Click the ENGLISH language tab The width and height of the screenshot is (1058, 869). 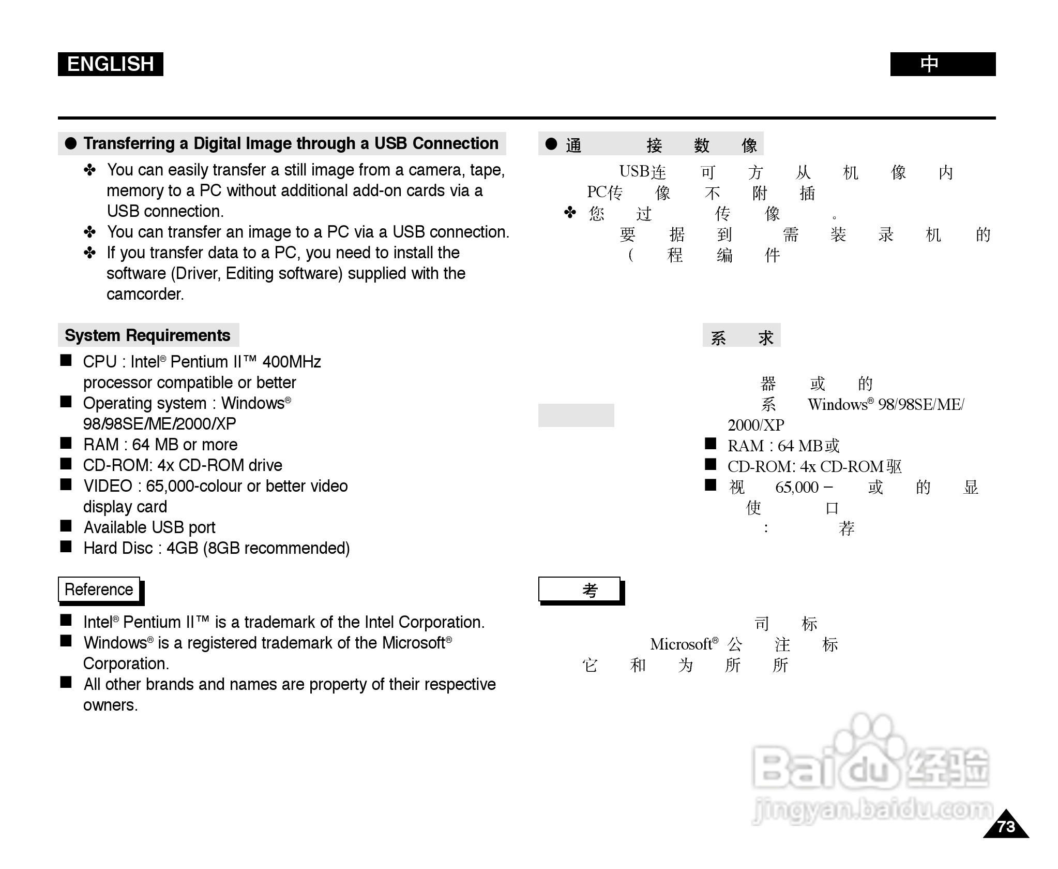[110, 64]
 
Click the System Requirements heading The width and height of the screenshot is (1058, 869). [147, 335]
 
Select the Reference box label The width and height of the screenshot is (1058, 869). [99, 590]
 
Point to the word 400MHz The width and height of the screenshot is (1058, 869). [292, 362]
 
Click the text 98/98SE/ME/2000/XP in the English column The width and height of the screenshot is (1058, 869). [159, 424]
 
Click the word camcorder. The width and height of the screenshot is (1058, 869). [145, 294]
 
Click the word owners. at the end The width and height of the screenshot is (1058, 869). [110, 705]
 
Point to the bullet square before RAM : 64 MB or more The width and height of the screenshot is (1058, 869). [66, 443]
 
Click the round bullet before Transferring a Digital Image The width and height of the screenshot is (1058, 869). [71, 143]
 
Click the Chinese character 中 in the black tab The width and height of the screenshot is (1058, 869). [929, 64]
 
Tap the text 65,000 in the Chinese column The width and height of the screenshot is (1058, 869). [797, 488]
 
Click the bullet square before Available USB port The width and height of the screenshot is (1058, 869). [66, 526]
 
